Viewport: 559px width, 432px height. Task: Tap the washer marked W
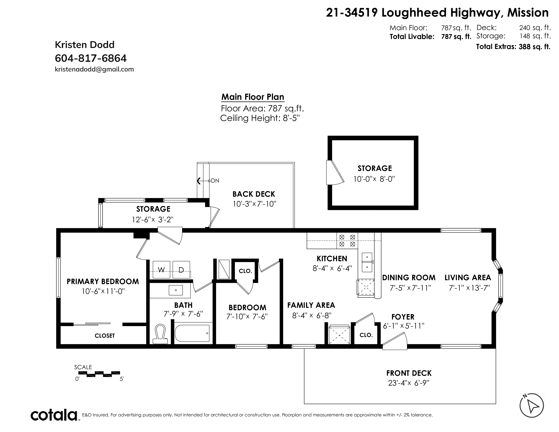(x=161, y=270)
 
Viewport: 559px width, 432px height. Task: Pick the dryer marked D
(x=181, y=270)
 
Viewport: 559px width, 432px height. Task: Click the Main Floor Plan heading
(x=253, y=97)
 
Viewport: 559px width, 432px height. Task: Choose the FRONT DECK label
(x=409, y=373)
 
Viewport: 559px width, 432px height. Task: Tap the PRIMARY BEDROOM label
(x=103, y=282)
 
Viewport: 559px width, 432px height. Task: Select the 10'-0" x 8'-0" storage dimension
(x=374, y=179)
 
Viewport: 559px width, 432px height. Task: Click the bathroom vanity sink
(x=176, y=290)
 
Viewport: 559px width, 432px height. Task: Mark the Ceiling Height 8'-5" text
(x=260, y=118)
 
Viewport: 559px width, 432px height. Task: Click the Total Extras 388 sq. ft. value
(x=534, y=47)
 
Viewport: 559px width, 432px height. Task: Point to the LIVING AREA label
(x=468, y=278)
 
